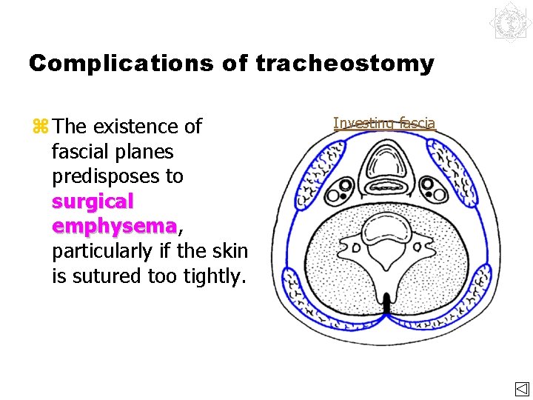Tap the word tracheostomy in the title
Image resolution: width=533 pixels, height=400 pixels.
click(345, 64)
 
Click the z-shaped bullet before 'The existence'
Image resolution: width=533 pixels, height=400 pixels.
click(40, 127)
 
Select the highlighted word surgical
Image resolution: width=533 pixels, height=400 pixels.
click(93, 201)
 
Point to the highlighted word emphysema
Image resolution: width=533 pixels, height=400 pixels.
click(114, 226)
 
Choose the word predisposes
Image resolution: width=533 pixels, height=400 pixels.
click(118, 177)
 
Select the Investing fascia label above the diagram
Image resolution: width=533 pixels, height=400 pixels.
click(384, 123)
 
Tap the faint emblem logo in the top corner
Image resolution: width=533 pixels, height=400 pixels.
click(510, 22)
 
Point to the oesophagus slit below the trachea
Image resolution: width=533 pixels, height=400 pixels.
click(384, 185)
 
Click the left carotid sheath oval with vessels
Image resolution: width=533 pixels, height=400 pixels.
click(340, 190)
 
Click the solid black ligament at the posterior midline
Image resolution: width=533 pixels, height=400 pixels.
click(386, 302)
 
